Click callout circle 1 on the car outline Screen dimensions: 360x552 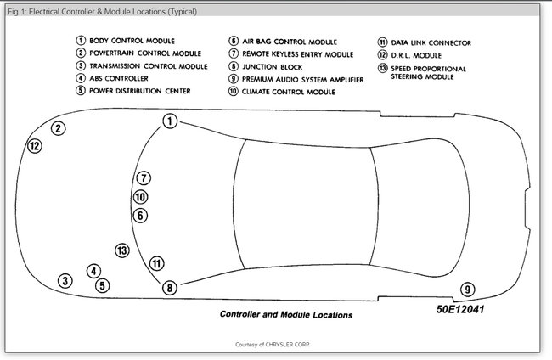pyautogui.click(x=170, y=121)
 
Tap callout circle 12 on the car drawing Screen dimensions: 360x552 pyautogui.click(x=35, y=146)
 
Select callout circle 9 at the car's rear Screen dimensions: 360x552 pyautogui.click(x=467, y=289)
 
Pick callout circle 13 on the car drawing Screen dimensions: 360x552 pyautogui.click(x=122, y=250)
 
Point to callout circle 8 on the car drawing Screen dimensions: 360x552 pyautogui.click(x=170, y=288)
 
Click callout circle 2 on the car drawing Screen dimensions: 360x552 pyautogui.click(x=58, y=128)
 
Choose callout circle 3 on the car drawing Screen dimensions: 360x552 pyautogui.click(x=65, y=280)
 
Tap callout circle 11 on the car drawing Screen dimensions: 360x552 pyautogui.click(x=156, y=263)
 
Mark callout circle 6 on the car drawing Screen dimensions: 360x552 pyautogui.click(x=141, y=216)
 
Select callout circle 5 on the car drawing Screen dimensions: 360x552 pyautogui.click(x=102, y=285)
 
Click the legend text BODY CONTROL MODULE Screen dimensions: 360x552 pyautogui.click(x=132, y=40)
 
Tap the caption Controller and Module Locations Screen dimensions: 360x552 pyautogui.click(x=286, y=314)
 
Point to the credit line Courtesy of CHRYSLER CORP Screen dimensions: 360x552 pyautogui.click(x=277, y=345)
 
